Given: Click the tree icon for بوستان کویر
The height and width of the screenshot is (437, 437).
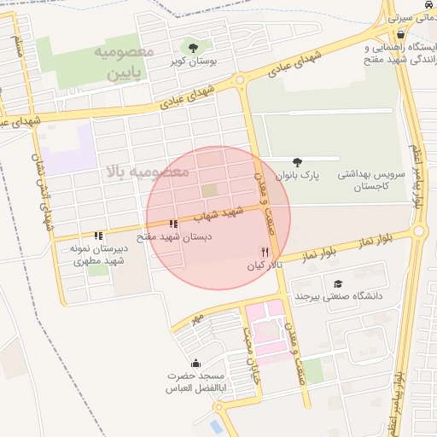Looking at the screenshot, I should click(193, 48).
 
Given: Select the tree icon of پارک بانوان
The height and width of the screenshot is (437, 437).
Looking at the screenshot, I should click(297, 161).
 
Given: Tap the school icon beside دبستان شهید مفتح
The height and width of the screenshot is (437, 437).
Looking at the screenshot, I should click(174, 224).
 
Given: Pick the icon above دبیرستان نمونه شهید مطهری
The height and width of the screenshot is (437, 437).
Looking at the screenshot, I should click(99, 236).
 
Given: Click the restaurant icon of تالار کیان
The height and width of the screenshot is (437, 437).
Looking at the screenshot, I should click(265, 253).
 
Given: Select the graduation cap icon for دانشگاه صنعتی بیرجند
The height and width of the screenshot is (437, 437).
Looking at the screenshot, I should click(338, 283).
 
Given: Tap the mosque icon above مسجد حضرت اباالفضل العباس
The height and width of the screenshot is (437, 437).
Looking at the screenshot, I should click(196, 364).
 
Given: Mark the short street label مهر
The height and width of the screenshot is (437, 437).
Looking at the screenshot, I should click(198, 318).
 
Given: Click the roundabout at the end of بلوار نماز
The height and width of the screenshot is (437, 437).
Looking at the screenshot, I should click(418, 230).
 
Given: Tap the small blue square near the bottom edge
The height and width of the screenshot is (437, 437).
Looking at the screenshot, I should click(216, 424).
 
